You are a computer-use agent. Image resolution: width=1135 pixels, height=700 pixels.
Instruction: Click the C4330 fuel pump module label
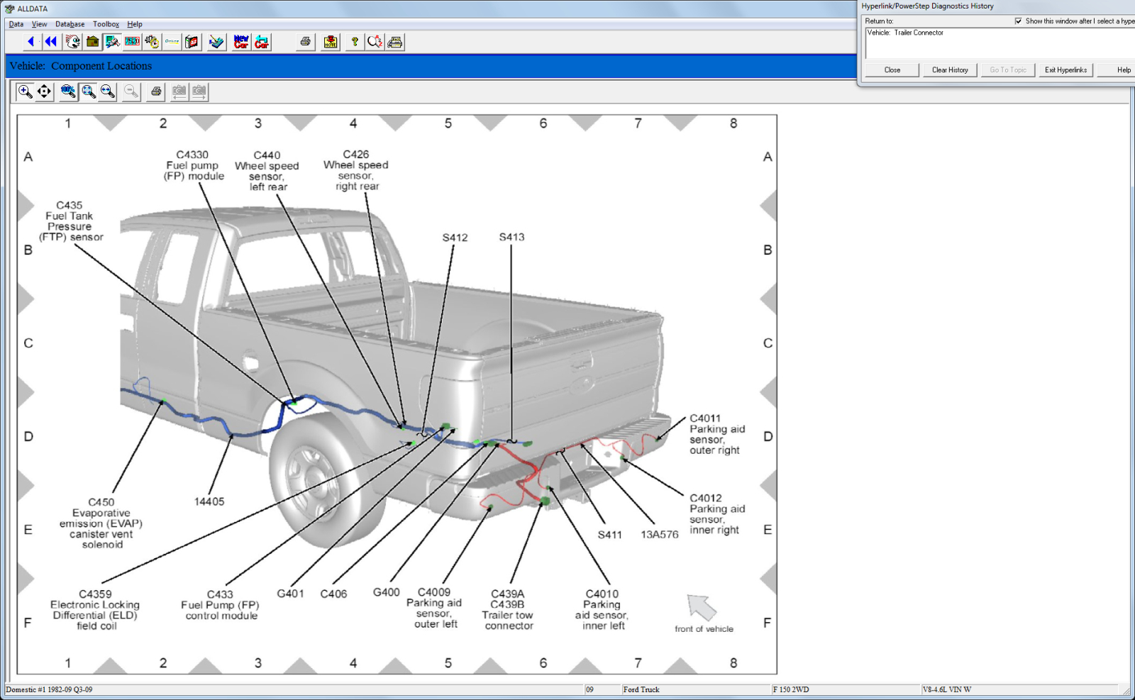click(193, 165)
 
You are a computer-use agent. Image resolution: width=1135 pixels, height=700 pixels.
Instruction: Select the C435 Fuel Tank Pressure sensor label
click(70, 221)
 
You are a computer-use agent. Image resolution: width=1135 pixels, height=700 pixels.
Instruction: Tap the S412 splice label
click(455, 238)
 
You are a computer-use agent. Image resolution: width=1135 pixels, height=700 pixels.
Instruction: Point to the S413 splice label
click(511, 237)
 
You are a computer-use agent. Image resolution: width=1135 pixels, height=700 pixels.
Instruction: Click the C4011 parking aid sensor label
click(716, 434)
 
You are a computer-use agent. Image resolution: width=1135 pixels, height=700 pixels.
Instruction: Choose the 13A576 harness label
click(659, 535)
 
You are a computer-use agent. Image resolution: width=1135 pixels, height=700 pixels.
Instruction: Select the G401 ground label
click(290, 593)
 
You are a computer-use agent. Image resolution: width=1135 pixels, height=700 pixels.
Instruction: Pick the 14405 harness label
click(209, 501)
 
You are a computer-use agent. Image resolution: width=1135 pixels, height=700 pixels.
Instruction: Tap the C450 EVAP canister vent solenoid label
click(101, 523)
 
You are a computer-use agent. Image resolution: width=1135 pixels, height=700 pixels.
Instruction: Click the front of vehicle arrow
click(702, 607)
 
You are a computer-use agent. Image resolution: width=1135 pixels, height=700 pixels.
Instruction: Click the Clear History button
click(949, 70)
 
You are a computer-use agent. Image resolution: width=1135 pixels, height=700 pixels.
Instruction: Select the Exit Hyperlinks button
click(1065, 70)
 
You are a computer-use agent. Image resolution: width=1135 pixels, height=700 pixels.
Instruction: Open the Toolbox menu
click(106, 24)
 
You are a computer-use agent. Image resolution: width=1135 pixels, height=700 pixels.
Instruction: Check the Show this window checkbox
click(1019, 21)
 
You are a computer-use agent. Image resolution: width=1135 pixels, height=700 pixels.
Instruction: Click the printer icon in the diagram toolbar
click(156, 91)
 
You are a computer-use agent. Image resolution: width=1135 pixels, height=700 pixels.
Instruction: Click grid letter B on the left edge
click(28, 250)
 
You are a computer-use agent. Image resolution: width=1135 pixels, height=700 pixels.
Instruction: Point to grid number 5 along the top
click(448, 123)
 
